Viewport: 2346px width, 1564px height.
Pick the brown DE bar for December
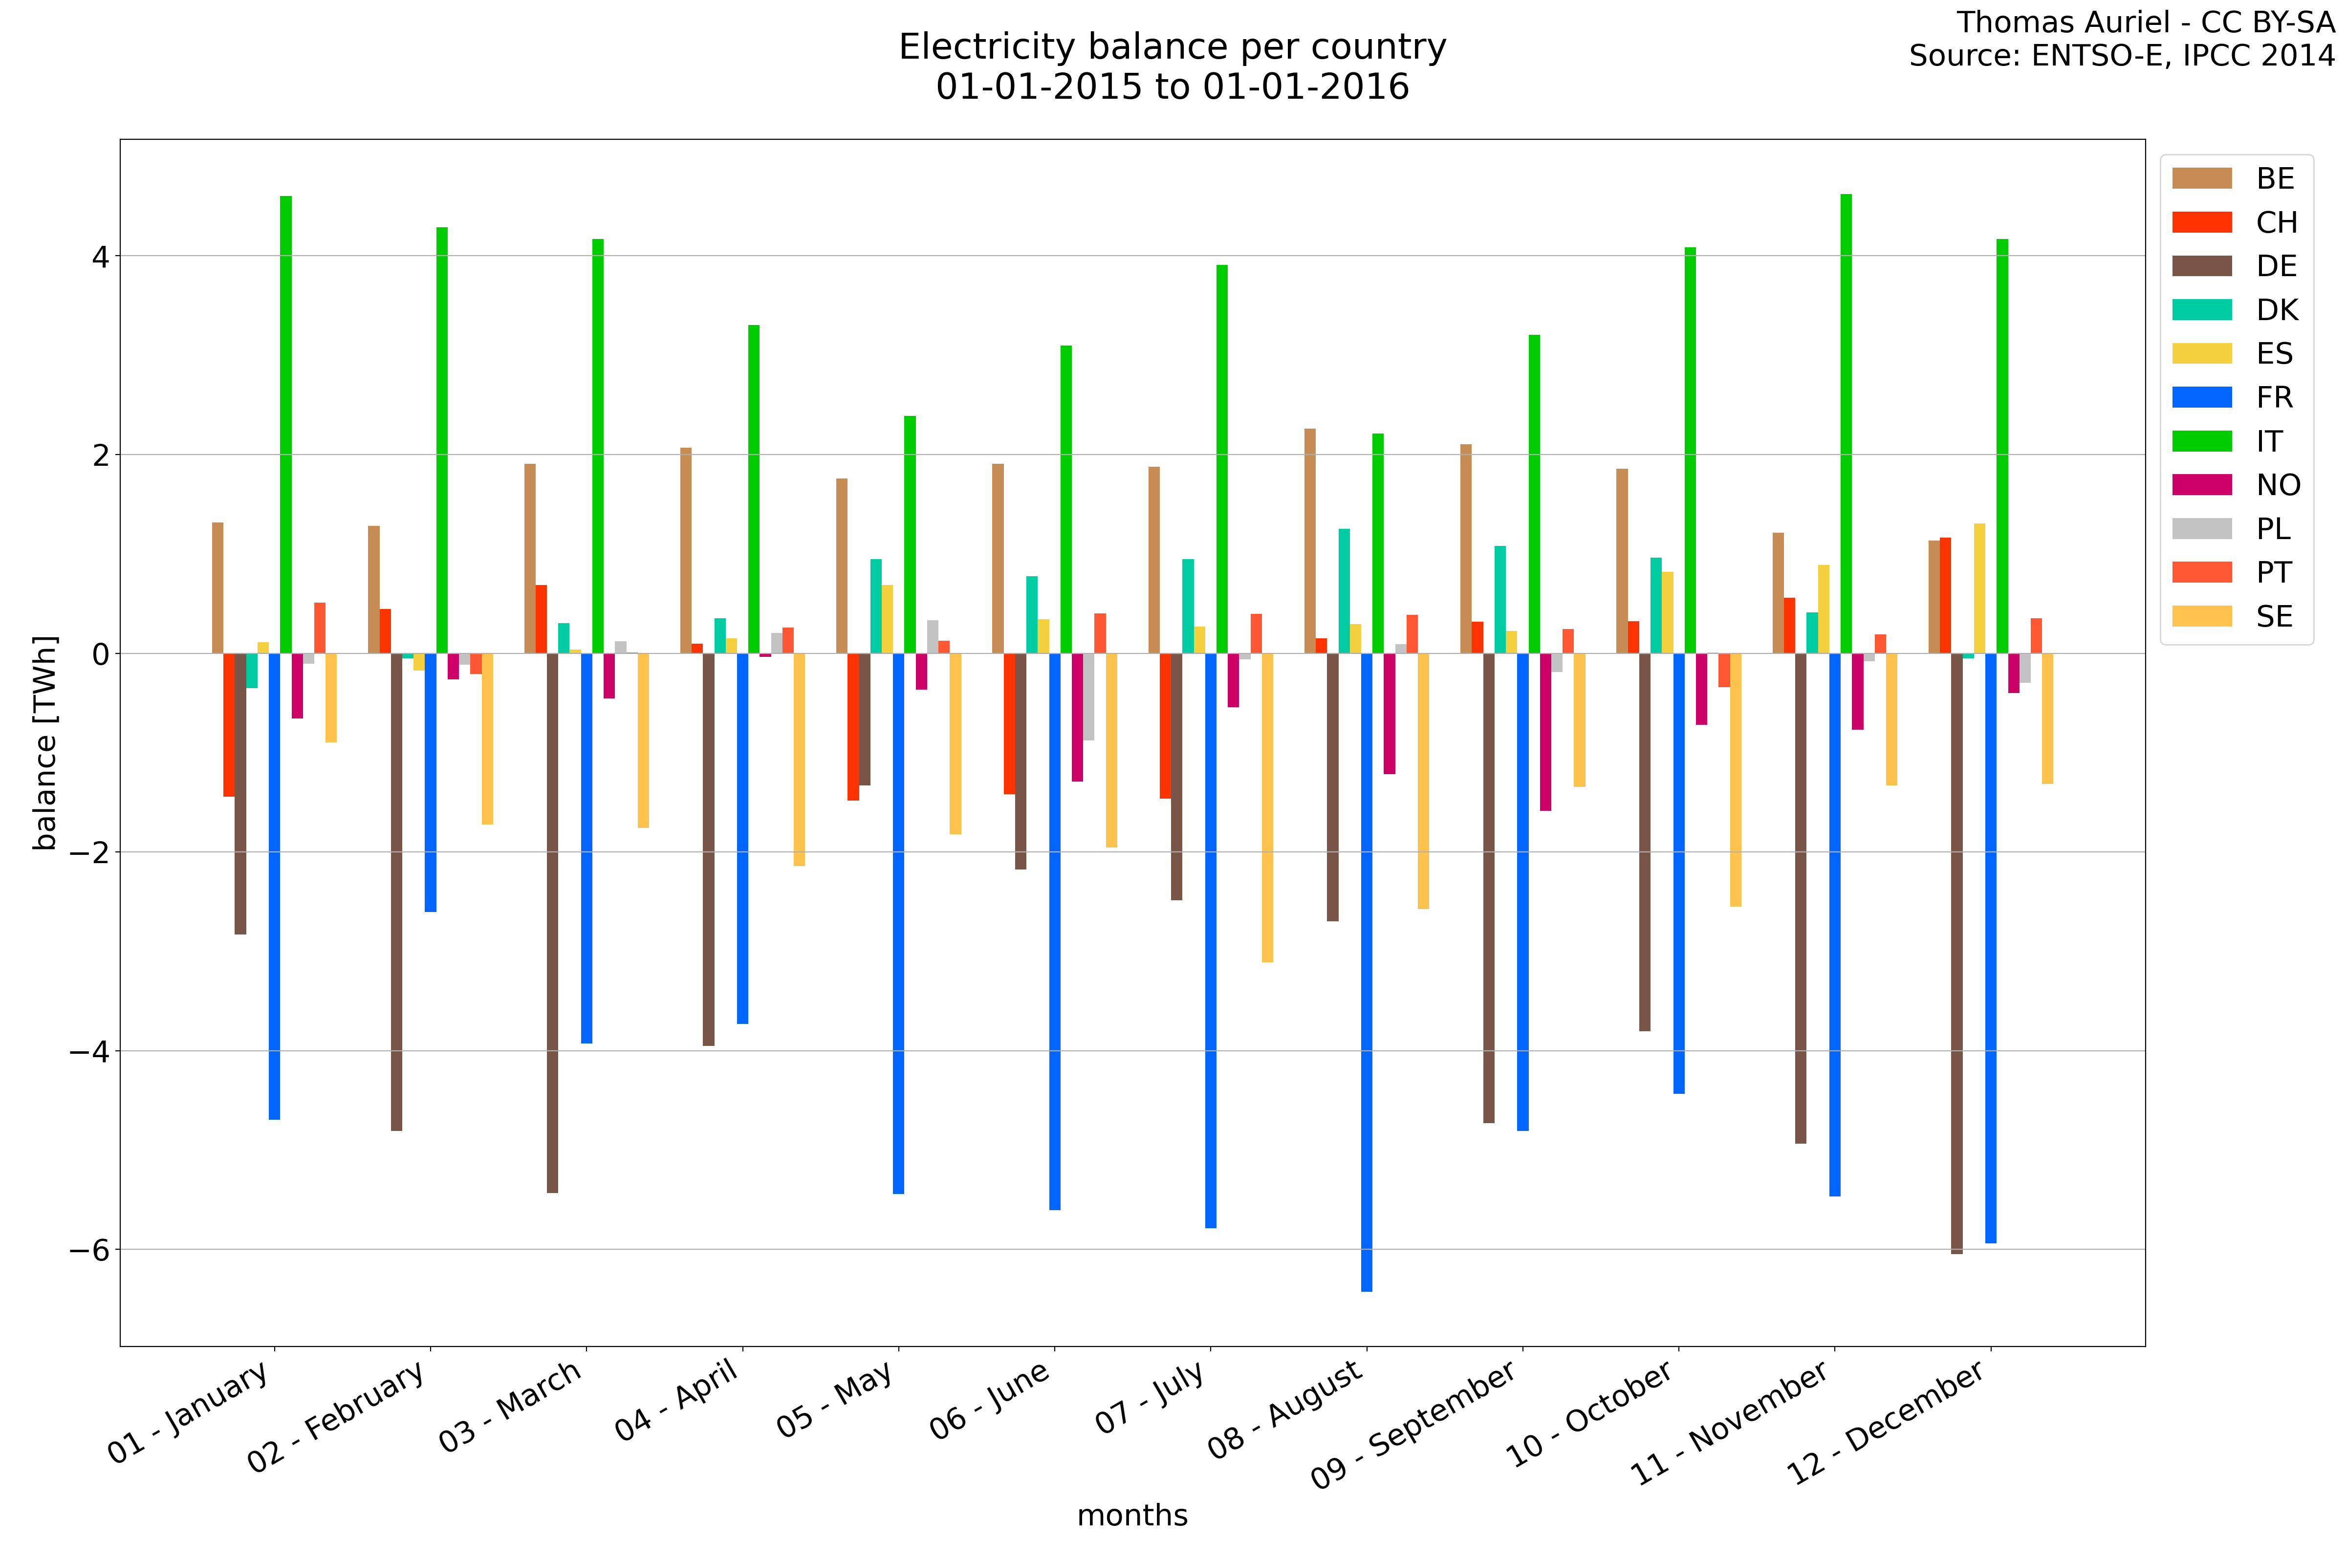point(1957,953)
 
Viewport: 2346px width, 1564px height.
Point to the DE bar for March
point(553,923)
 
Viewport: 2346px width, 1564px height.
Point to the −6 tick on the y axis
point(88,1250)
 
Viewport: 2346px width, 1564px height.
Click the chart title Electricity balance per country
point(1172,47)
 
